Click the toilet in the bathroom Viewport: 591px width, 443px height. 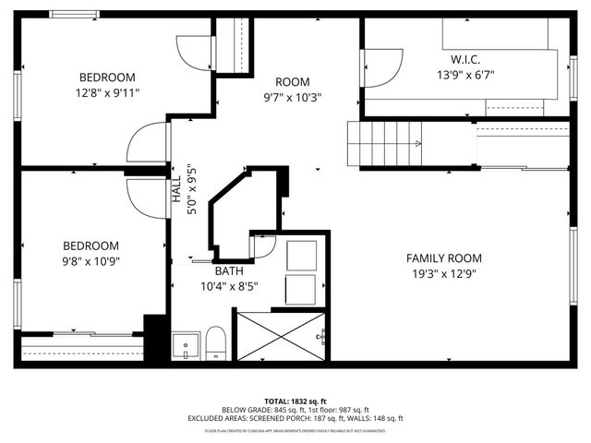pos(215,343)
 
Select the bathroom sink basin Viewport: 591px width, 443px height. pos(186,346)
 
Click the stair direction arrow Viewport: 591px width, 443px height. pos(417,143)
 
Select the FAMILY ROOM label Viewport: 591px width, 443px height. pos(444,258)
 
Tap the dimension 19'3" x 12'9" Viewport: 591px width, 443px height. pos(444,274)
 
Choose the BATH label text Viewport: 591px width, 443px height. pos(230,271)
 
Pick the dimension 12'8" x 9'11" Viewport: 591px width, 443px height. pos(107,93)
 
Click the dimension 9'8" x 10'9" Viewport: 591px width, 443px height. pos(91,261)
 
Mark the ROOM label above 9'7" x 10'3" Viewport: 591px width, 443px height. pos(292,81)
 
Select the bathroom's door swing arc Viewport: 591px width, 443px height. pos(263,245)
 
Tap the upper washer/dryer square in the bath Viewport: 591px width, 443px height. pos(301,255)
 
